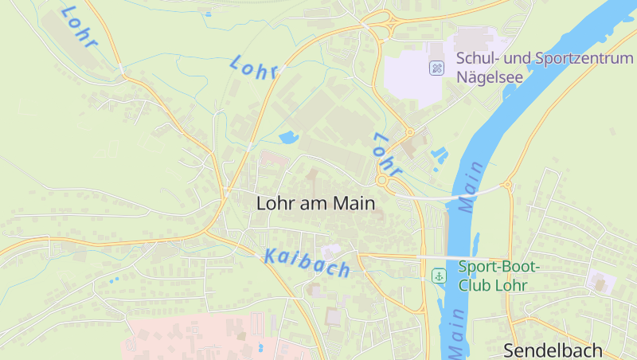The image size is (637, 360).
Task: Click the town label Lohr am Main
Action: (315, 203)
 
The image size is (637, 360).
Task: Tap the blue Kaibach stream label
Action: (307, 262)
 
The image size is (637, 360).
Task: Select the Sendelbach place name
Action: (558, 350)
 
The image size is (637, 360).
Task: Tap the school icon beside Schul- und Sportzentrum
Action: (436, 68)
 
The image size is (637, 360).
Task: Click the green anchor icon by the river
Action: (438, 276)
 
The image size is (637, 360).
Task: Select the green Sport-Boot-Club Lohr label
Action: (499, 275)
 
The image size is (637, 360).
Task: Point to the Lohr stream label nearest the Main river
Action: (385, 155)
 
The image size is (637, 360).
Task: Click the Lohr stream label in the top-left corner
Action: (78, 26)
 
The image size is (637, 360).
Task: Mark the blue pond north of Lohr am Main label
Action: (288, 137)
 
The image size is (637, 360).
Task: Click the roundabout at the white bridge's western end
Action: (384, 182)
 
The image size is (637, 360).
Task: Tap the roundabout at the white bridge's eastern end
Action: (507, 186)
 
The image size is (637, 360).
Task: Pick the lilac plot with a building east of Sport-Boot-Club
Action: (600, 280)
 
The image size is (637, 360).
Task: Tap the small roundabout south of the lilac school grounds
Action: (409, 133)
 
